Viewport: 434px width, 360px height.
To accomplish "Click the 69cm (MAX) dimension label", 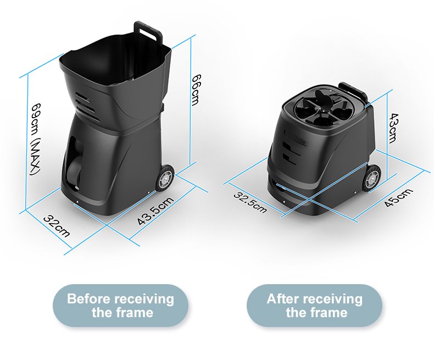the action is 36,139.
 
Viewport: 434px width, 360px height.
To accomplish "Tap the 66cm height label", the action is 196,90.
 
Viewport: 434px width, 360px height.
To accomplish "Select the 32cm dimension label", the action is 57,227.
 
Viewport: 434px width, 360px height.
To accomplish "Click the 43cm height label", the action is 393,128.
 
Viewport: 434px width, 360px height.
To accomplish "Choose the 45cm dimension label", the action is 399,197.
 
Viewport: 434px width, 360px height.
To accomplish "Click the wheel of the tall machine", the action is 165,178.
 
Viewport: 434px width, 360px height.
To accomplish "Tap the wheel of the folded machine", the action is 371,178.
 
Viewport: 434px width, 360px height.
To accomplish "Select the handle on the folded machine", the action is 353,90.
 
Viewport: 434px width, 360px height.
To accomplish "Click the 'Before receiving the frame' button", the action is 121,306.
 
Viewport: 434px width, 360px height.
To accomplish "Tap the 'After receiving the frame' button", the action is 314,306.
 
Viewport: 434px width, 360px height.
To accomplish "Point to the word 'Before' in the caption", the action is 88,299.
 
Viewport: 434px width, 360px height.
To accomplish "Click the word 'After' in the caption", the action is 283,299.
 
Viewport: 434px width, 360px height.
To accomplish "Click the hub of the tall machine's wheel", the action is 165,179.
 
